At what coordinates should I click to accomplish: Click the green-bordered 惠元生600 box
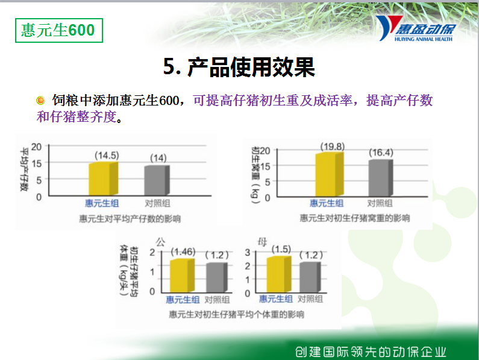59,30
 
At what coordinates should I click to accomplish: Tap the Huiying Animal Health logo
416,28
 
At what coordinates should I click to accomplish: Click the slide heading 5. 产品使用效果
239,67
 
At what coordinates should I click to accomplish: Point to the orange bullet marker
40,100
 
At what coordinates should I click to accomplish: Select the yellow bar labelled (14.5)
103,178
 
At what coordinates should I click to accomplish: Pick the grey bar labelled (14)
157,180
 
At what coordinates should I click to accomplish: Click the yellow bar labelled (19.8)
330,174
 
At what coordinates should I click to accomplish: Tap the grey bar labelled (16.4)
381,178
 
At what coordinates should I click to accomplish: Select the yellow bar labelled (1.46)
182,276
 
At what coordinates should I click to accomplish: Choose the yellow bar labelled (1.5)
279,274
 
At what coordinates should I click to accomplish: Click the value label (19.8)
333,147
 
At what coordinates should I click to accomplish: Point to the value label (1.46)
183,251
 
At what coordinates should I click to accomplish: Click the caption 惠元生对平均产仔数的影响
130,219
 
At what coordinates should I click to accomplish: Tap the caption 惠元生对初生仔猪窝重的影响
355,218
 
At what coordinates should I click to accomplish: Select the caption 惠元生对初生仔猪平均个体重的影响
236,314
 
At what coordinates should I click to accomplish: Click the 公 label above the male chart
160,242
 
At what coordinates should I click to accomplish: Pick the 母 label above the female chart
262,242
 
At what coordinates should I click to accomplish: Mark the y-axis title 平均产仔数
24,170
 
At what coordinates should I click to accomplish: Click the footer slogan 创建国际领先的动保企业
371,352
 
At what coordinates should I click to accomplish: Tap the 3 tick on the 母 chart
248,252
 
